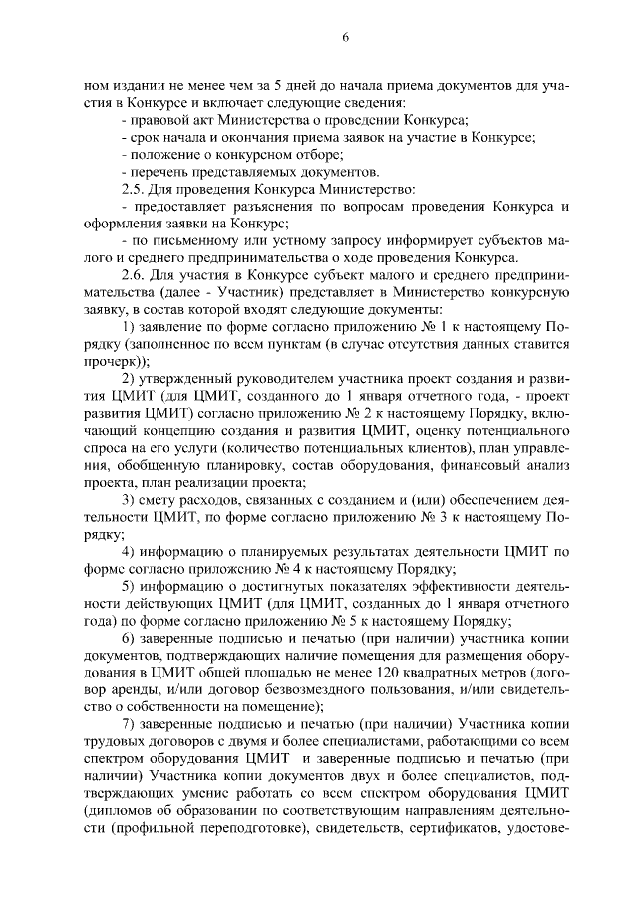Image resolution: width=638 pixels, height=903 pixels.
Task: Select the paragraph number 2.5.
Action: tap(132, 189)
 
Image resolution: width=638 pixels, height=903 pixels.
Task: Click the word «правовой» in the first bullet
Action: tap(159, 119)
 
